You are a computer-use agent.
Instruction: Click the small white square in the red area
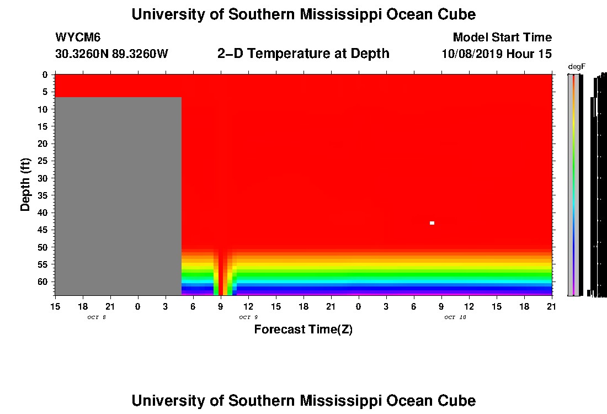pos(432,223)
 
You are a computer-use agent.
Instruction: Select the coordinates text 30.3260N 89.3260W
pos(111,54)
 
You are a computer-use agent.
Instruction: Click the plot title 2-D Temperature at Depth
pos(303,54)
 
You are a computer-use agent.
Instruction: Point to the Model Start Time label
pos(502,38)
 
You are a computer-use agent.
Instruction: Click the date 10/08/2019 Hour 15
pos(497,54)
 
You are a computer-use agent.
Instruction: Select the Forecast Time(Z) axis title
pos(303,330)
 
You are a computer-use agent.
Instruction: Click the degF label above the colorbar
pos(577,67)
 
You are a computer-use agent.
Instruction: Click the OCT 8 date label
pos(96,317)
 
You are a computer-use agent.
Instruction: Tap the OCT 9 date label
pos(248,317)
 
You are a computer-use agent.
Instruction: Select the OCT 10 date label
pos(455,317)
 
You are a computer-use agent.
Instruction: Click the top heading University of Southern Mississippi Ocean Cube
pos(303,14)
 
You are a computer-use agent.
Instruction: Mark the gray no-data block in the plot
pos(118,196)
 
